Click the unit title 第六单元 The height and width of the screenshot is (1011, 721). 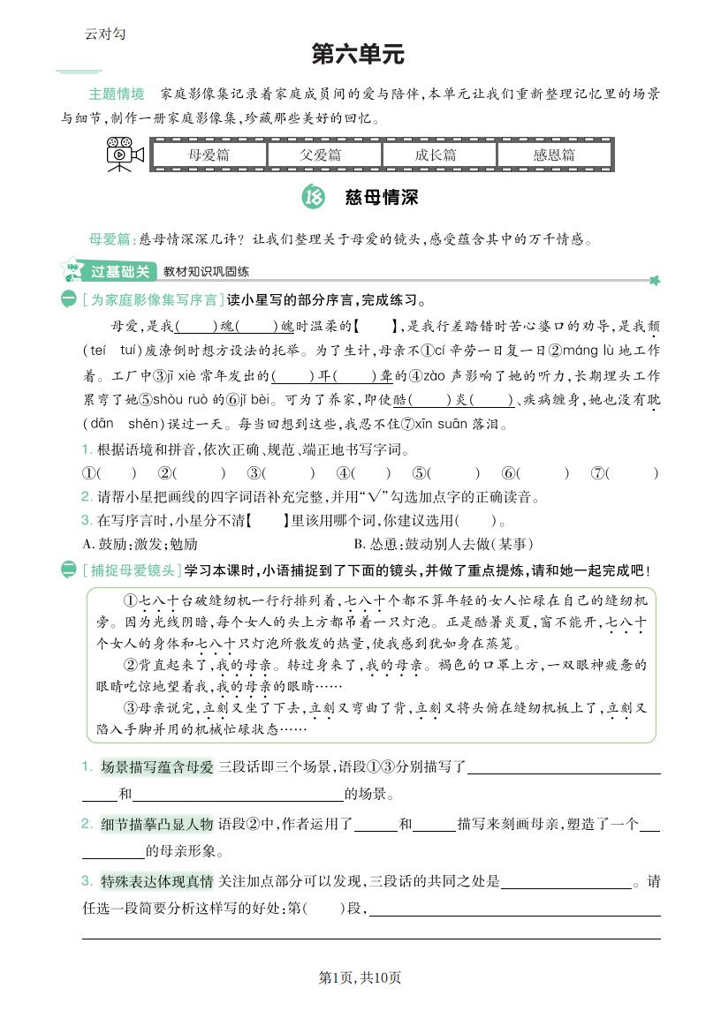(x=358, y=55)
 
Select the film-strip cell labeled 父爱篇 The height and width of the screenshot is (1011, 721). (x=323, y=155)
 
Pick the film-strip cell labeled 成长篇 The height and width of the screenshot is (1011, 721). (x=438, y=155)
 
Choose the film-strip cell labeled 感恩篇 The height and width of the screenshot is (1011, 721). (x=553, y=155)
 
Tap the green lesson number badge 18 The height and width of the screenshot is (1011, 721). (x=313, y=198)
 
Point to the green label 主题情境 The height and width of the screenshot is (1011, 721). (x=116, y=94)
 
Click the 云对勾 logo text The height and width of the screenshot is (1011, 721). (x=105, y=34)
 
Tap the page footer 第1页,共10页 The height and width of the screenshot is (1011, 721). (x=360, y=977)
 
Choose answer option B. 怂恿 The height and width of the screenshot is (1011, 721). (x=443, y=543)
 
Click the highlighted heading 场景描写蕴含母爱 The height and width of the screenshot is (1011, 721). (x=157, y=766)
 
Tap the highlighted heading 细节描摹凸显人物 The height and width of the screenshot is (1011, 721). (x=157, y=824)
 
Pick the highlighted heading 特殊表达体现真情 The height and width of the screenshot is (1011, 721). (x=157, y=881)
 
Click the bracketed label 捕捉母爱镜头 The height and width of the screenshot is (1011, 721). (x=131, y=570)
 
